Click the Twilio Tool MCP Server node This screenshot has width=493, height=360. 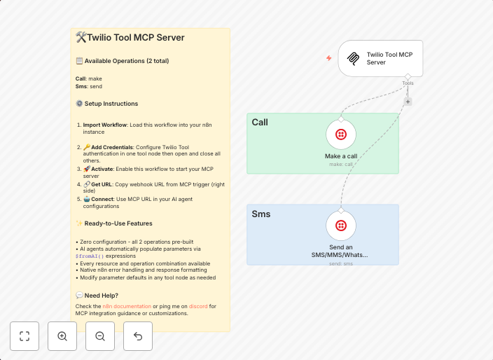coord(380,58)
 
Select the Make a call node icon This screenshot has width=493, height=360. coord(341,134)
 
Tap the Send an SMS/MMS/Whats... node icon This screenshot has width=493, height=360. coord(341,226)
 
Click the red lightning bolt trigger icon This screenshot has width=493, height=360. coord(329,58)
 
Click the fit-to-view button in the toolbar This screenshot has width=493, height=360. coord(25,336)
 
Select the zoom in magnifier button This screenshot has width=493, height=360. coord(62,336)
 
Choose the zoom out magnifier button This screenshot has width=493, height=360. coord(100,336)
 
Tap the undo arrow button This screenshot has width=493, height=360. coord(138,336)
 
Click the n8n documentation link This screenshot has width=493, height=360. coord(127,306)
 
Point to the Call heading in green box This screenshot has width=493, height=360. coord(260,123)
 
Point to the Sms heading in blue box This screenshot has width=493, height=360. coord(261,214)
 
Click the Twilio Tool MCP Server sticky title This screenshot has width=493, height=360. coord(135,38)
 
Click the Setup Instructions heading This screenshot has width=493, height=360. coord(111,104)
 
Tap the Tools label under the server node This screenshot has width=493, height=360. coord(408,83)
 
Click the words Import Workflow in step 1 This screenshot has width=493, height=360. coord(105,125)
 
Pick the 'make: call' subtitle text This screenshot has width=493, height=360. coord(341,165)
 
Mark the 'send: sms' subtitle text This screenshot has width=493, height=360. coord(341,264)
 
